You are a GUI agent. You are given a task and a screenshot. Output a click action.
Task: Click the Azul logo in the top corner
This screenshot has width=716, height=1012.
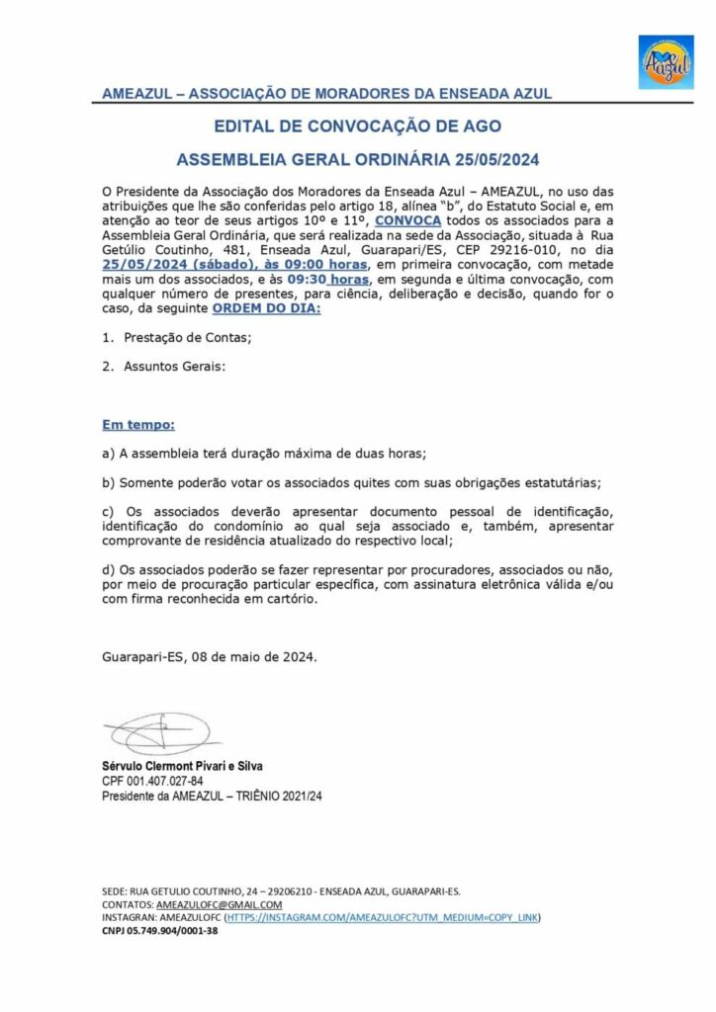(666, 62)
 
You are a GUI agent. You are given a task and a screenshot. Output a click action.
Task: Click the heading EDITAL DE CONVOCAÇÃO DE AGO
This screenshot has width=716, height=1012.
(358, 126)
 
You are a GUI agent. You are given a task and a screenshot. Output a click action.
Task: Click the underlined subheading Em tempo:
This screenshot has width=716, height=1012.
(138, 425)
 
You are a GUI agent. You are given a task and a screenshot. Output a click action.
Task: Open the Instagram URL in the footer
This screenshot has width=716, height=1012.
(383, 917)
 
